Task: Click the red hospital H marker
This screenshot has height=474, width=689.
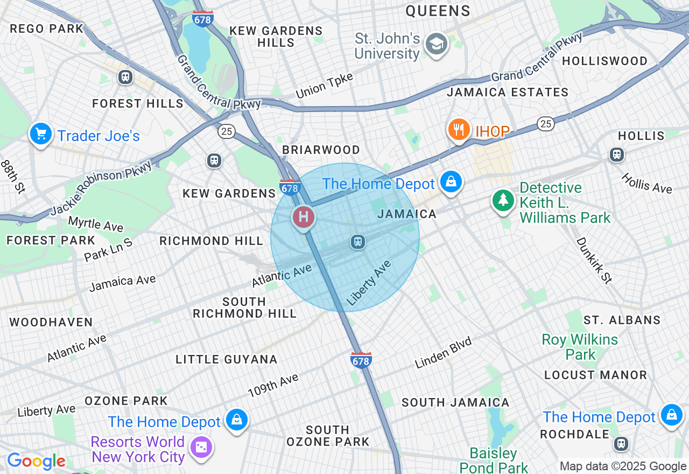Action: (x=304, y=217)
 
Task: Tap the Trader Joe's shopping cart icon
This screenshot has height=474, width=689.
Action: (x=41, y=134)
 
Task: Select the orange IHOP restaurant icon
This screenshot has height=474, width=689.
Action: (x=459, y=129)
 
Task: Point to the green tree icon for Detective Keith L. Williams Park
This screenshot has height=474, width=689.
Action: (x=503, y=200)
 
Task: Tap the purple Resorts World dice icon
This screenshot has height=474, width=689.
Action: (x=201, y=447)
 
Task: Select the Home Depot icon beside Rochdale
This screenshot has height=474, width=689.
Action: (x=671, y=415)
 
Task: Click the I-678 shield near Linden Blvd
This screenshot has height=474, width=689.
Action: (x=361, y=360)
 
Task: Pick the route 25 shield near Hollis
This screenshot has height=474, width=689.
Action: (x=546, y=124)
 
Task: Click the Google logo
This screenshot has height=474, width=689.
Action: (x=36, y=461)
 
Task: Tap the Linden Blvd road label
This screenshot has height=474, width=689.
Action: (x=443, y=353)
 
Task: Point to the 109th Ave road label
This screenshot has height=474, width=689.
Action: (x=273, y=386)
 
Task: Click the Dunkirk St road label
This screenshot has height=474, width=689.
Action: (x=594, y=260)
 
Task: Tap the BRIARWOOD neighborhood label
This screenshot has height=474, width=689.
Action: (x=321, y=150)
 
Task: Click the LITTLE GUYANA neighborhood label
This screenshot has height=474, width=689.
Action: (x=227, y=359)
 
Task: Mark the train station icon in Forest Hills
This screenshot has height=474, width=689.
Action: (x=125, y=77)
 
